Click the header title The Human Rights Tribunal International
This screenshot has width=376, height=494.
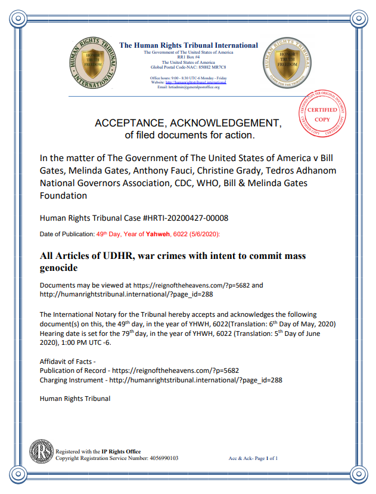tap(189, 45)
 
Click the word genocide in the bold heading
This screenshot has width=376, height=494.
tap(60, 268)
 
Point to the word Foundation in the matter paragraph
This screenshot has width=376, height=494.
tap(63, 195)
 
